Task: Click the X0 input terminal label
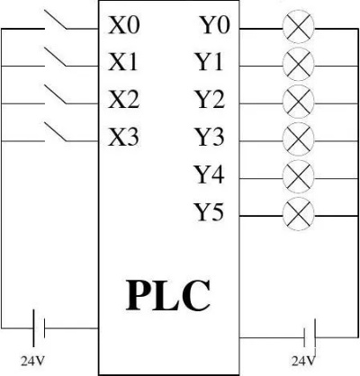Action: pyautogui.click(x=124, y=25)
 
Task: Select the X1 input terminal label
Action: pyautogui.click(x=123, y=62)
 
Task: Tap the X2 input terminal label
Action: pyautogui.click(x=123, y=100)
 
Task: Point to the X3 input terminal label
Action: pyautogui.click(x=123, y=137)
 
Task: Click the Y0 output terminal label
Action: pyautogui.click(x=215, y=25)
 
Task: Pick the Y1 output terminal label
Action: pyautogui.click(x=209, y=62)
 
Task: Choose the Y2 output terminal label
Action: pyautogui.click(x=210, y=100)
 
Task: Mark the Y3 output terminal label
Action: pyautogui.click(x=210, y=137)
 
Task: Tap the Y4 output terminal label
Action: pyautogui.click(x=210, y=175)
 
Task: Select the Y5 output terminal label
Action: pyautogui.click(x=210, y=212)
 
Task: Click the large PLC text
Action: pyautogui.click(x=168, y=296)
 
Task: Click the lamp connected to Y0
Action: pyautogui.click(x=299, y=28)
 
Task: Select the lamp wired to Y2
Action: pyautogui.click(x=299, y=103)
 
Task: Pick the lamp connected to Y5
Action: pyautogui.click(x=299, y=215)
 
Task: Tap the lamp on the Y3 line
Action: pyautogui.click(x=299, y=139)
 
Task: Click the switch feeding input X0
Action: pyautogui.click(x=56, y=20)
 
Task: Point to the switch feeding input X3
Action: pyautogui.click(x=56, y=131)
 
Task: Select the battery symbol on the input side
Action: pyautogui.click(x=39, y=328)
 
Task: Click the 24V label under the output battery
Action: pyautogui.click(x=303, y=362)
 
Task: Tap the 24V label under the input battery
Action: pyautogui.click(x=32, y=362)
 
